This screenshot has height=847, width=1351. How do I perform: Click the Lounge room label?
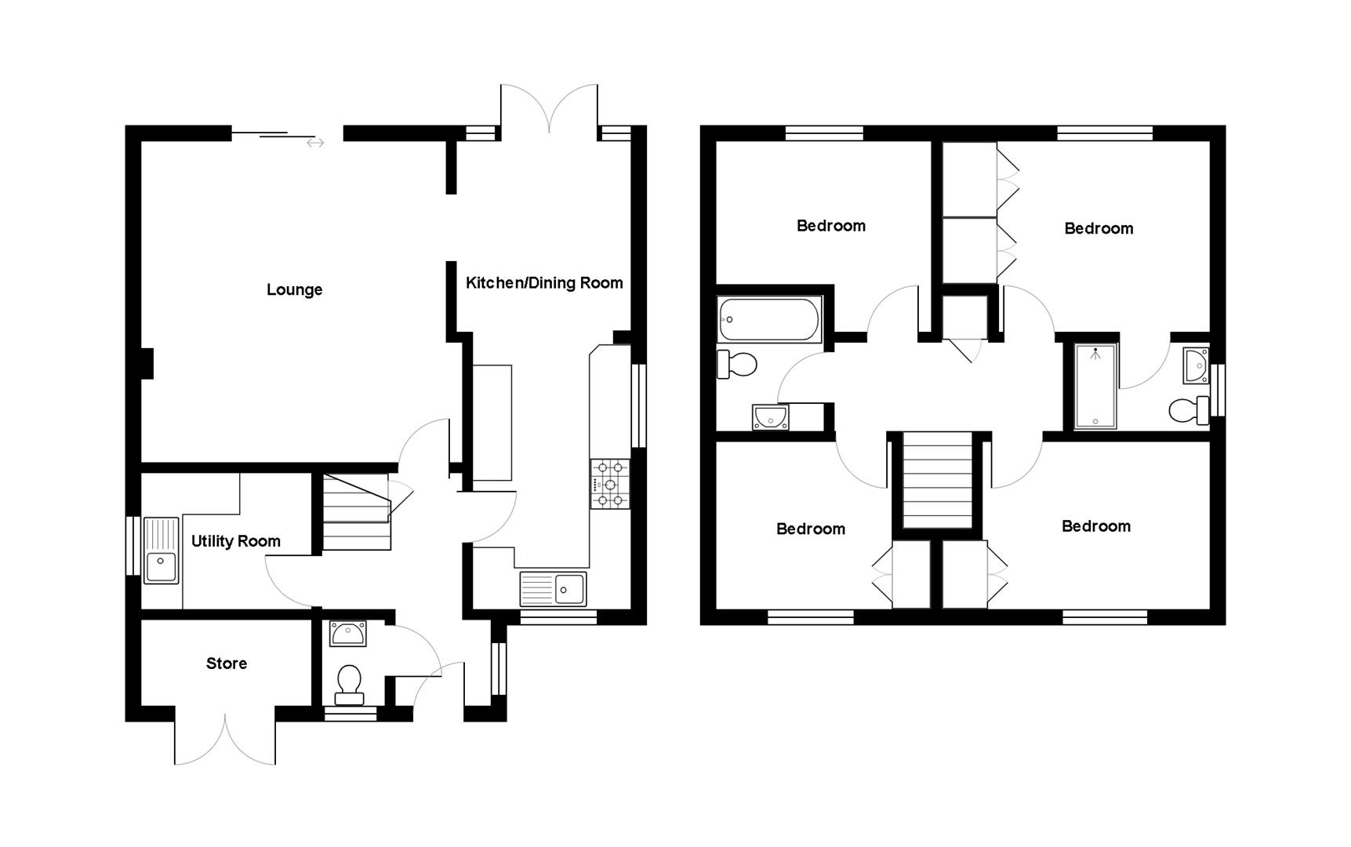(294, 289)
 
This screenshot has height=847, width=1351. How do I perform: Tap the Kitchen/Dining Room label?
(544, 282)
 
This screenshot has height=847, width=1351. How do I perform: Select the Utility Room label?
(235, 541)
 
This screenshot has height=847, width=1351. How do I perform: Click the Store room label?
(227, 663)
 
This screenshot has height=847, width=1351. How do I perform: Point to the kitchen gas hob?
(610, 483)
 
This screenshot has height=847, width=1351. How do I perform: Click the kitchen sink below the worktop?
(553, 588)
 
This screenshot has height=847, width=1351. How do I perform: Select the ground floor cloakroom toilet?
(349, 684)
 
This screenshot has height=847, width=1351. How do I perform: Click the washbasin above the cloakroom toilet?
(348, 634)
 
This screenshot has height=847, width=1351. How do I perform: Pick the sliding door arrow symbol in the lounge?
(315, 143)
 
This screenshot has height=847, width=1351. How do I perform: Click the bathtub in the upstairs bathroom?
(769, 319)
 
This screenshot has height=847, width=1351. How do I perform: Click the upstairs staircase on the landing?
(937, 480)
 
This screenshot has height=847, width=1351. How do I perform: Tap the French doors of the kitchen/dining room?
(550, 108)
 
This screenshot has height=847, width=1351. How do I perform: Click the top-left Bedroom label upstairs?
(830, 226)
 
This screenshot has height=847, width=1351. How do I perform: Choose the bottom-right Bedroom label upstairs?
(1095, 526)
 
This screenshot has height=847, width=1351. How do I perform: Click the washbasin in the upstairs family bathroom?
(770, 417)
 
